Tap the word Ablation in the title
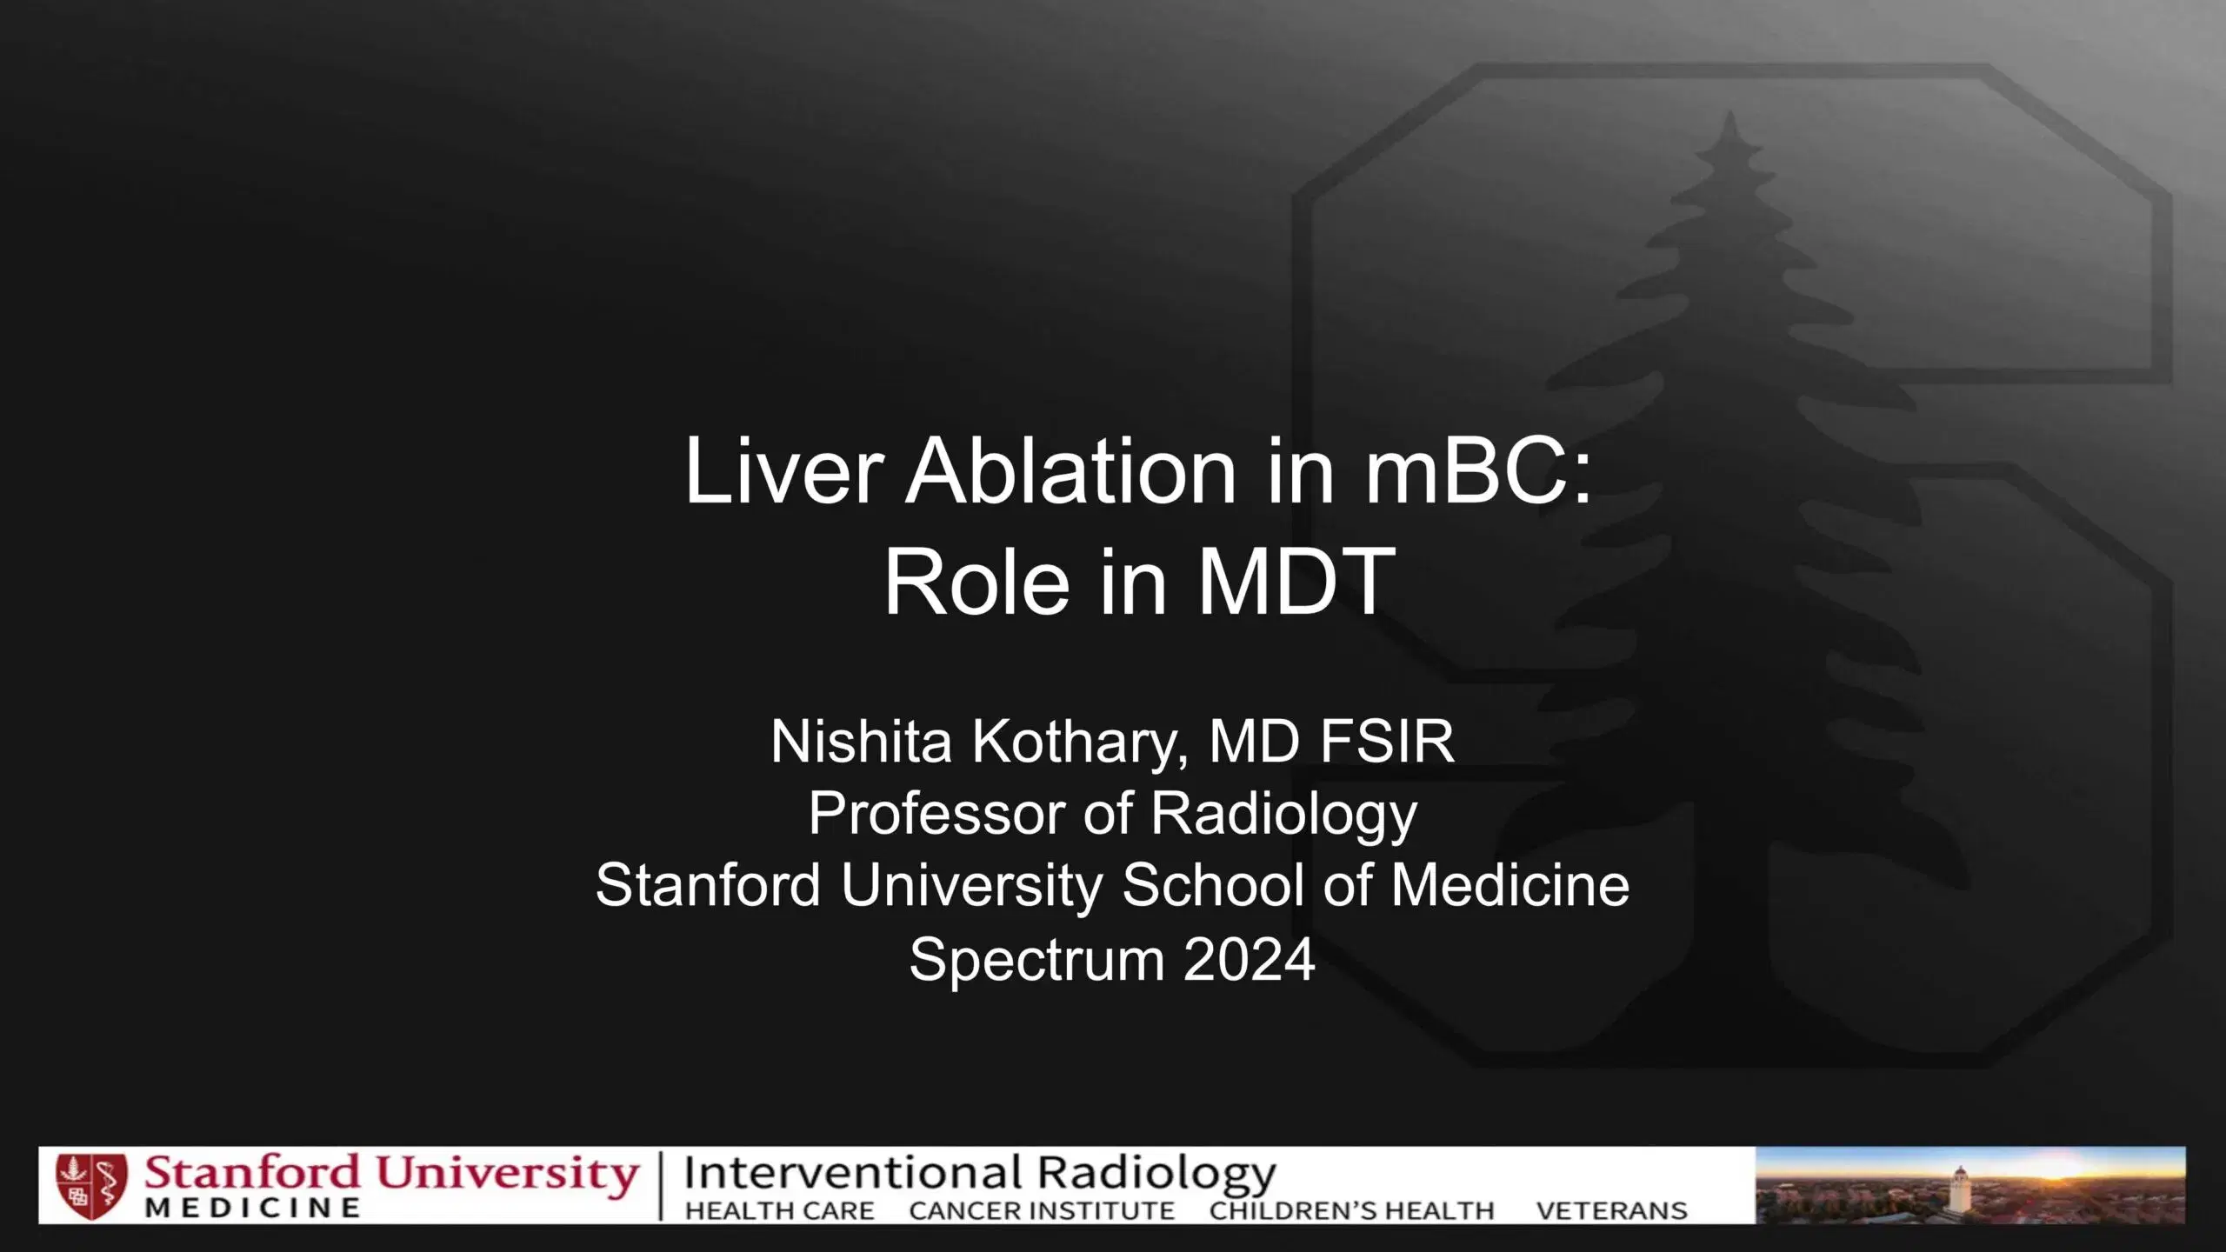click(1070, 471)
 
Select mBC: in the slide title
click(1478, 471)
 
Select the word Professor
click(936, 814)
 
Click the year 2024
click(1250, 960)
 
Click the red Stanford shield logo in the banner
click(91, 1186)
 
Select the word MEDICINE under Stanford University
click(252, 1209)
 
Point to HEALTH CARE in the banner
click(779, 1210)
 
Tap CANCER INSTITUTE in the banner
click(1041, 1210)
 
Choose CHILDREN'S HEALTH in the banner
click(1351, 1210)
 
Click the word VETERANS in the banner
click(1611, 1210)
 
